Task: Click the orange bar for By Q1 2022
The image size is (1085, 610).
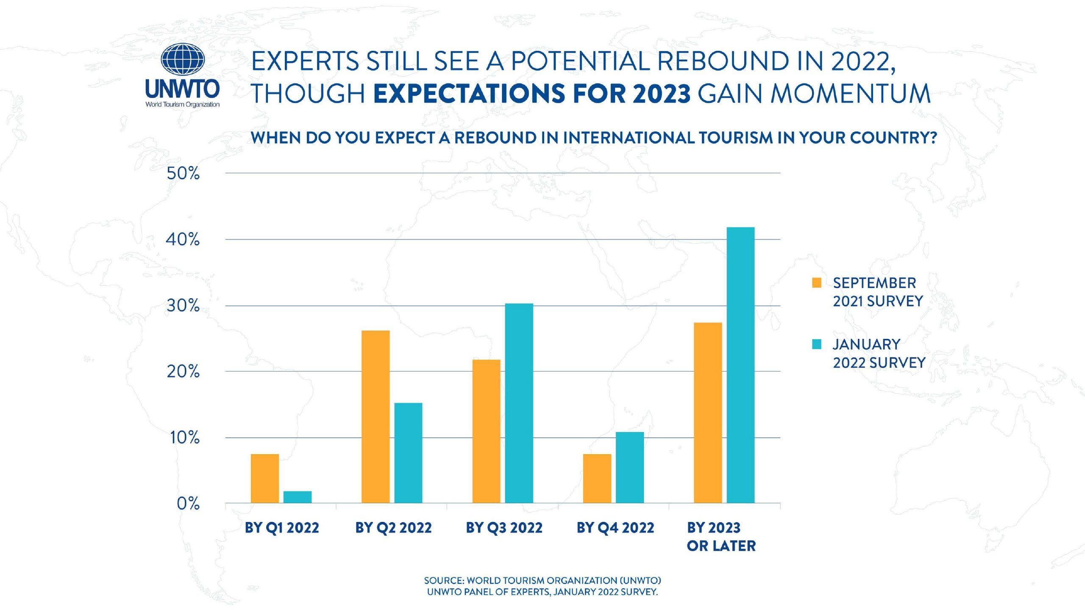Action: (265, 478)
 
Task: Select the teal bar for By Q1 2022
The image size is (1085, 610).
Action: (298, 497)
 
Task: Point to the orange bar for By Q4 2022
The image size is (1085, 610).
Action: (597, 478)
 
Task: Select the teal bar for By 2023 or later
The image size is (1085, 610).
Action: (740, 365)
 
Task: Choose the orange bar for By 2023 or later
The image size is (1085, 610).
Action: (708, 413)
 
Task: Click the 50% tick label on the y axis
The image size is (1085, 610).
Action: (183, 174)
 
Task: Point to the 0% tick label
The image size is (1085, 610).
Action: (188, 504)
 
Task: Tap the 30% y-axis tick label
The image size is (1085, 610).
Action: (183, 306)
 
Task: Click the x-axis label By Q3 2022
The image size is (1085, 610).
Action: (504, 528)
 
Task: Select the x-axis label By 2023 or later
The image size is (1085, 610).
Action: (721, 537)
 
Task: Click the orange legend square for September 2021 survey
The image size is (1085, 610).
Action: (817, 283)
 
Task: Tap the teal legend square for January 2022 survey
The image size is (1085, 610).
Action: (817, 344)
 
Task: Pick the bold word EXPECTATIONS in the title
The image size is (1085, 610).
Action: (469, 94)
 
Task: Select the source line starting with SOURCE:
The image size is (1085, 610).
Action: (542, 580)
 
